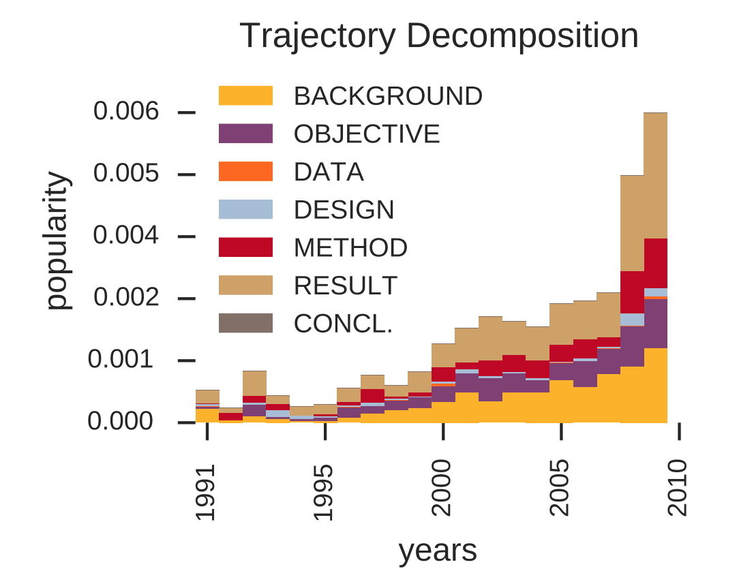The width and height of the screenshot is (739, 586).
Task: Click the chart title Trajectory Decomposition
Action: pyautogui.click(x=439, y=37)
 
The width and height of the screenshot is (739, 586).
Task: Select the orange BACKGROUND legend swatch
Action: pyautogui.click(x=245, y=96)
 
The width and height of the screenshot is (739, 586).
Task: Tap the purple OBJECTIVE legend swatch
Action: pyautogui.click(x=245, y=134)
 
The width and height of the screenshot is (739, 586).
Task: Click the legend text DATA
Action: pyautogui.click(x=329, y=172)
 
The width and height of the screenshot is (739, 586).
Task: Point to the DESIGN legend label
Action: pyautogui.click(x=344, y=210)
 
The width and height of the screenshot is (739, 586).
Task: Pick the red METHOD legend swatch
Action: pyautogui.click(x=245, y=247)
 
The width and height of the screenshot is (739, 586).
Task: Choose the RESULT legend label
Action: pyautogui.click(x=345, y=286)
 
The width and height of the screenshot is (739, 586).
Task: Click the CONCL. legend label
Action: pyautogui.click(x=343, y=324)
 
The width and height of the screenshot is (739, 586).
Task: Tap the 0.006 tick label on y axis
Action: pyautogui.click(x=126, y=111)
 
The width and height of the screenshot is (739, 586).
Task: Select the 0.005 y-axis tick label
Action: pyautogui.click(x=126, y=174)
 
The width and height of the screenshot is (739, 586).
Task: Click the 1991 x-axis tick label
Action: pyautogui.click(x=206, y=493)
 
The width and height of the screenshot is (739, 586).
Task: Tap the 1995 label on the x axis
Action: pyautogui.click(x=325, y=493)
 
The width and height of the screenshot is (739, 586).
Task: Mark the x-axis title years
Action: pyautogui.click(x=438, y=551)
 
